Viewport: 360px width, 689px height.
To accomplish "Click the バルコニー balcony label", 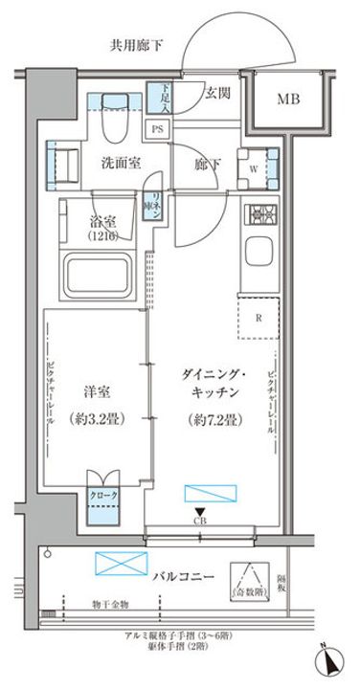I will point(183,575).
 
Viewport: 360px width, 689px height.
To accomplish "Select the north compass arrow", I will point(330,660).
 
